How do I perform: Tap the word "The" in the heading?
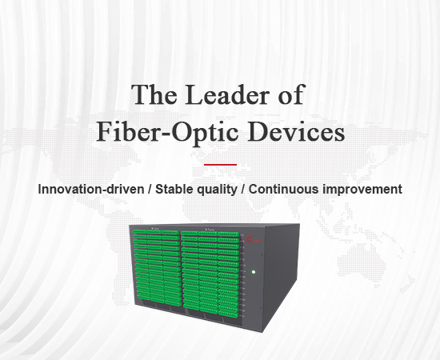click(154, 94)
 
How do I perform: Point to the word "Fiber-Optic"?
click(167, 133)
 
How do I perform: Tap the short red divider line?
click(220, 165)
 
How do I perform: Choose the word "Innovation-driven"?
click(91, 189)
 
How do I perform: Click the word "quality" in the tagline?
click(217, 190)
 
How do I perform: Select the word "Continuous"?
click(284, 189)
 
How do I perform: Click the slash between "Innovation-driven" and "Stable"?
click(150, 190)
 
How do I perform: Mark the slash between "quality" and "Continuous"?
click(243, 190)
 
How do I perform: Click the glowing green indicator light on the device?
click(254, 272)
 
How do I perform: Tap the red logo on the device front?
click(254, 241)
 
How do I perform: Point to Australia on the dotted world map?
click(362, 260)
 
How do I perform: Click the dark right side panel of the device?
click(281, 275)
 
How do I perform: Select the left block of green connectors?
click(157, 268)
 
